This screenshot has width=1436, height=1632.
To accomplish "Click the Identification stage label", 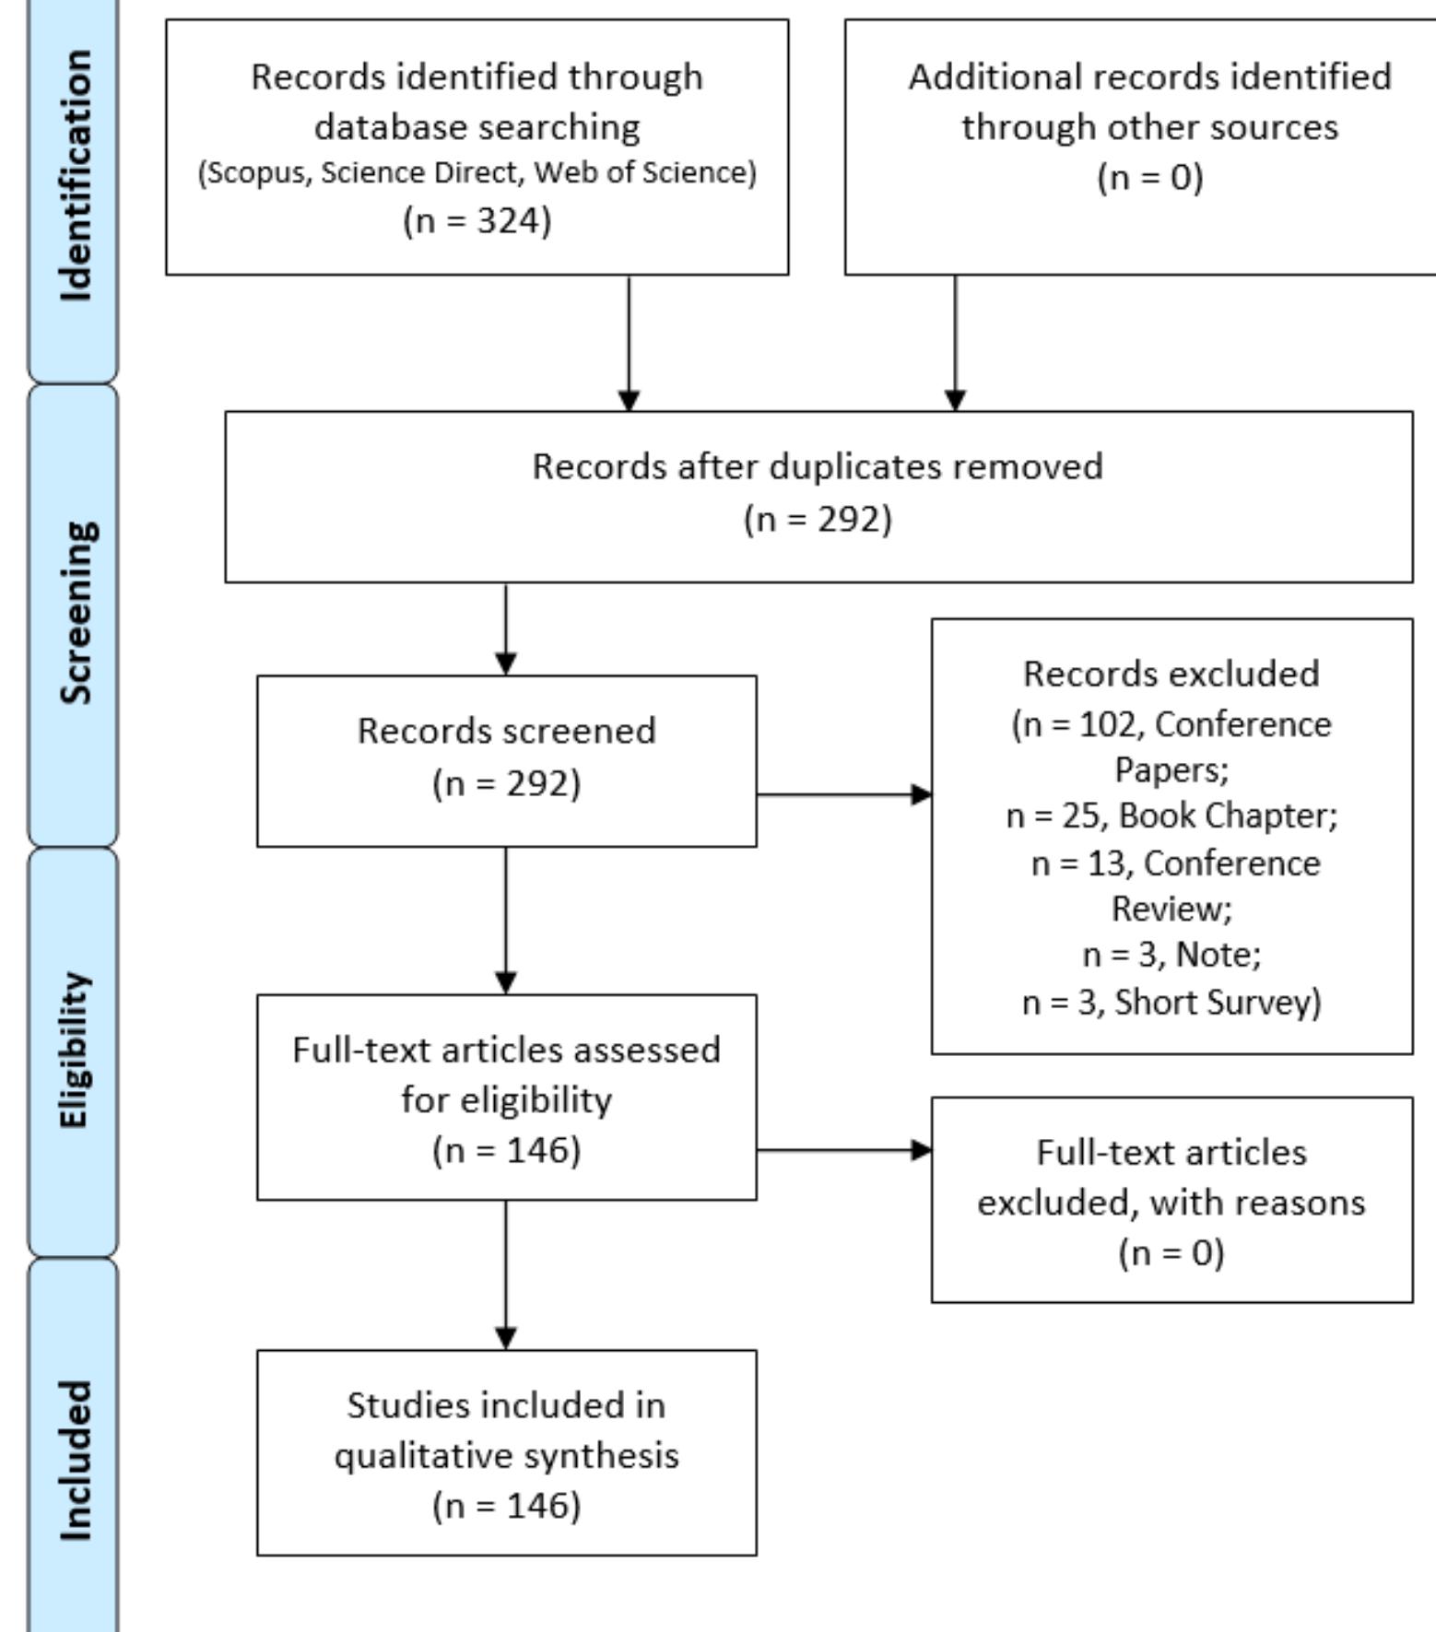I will click(76, 175).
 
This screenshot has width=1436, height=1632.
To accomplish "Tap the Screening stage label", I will click(76, 613).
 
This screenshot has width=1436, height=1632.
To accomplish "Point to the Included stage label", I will click(76, 1461).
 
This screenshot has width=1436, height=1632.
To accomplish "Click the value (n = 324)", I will click(477, 221).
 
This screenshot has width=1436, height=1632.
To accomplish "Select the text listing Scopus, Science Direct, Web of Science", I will click(477, 173).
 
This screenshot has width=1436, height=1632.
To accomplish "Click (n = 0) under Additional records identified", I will click(1149, 176).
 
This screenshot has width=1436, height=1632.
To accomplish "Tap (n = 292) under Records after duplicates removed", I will click(818, 519).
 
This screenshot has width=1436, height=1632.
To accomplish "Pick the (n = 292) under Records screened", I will click(506, 783).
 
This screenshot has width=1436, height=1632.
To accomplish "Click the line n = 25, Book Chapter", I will click(1171, 816).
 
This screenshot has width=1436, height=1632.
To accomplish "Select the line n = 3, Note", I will click(1171, 955).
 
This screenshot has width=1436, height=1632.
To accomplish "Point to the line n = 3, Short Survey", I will click(1171, 1003).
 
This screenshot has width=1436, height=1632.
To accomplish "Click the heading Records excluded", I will click(1171, 674).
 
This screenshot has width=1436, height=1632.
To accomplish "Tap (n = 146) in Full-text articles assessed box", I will click(506, 1150).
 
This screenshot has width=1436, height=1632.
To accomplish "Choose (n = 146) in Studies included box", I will click(506, 1506).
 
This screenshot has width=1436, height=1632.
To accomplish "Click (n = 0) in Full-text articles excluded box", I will click(1171, 1253).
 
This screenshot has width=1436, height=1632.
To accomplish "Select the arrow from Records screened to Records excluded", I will click(843, 794).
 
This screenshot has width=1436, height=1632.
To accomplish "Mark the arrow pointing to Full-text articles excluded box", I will click(843, 1150).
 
